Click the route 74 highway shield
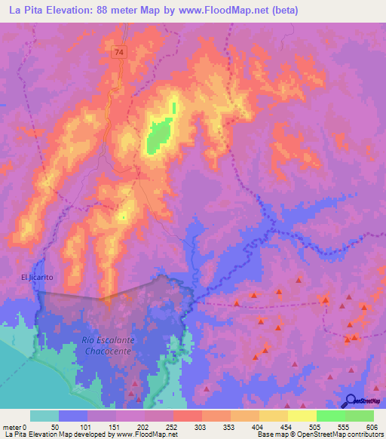pos(120,52)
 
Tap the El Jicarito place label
pos(37,278)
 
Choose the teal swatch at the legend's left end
pos(44,416)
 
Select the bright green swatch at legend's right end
pos(359,416)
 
